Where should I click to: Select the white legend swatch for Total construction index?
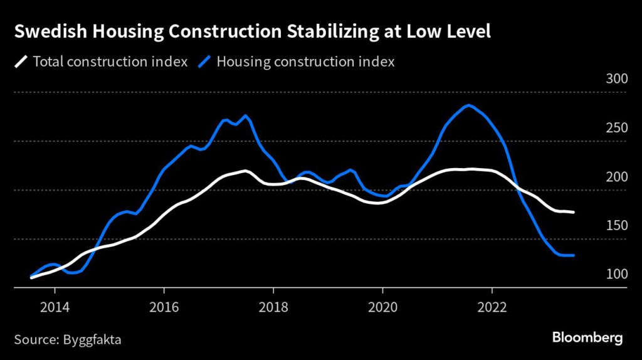(21, 61)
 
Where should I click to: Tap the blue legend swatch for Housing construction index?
(205, 61)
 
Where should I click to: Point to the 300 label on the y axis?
(616, 80)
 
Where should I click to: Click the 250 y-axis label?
(616, 129)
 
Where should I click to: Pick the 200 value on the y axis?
(616, 177)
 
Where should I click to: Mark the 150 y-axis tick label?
(616, 226)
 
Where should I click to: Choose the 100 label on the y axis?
(616, 275)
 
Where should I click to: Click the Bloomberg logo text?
(587, 339)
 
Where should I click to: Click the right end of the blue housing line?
(573, 255)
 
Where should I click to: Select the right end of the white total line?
(573, 213)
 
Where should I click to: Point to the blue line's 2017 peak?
(246, 116)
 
